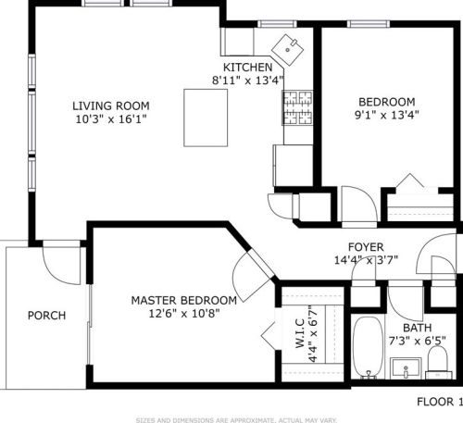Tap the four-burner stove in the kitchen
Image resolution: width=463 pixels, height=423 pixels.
(296, 115)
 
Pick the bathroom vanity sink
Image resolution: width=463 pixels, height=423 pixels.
(404, 369)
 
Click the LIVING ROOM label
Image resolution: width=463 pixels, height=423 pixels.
(111, 105)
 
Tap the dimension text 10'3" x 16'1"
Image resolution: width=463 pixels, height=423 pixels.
(111, 118)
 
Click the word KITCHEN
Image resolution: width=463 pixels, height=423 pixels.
(247, 68)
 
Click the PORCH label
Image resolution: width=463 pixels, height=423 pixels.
(46, 316)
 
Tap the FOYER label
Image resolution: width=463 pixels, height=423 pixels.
(367, 246)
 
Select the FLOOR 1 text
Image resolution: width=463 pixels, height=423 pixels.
(436, 402)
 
